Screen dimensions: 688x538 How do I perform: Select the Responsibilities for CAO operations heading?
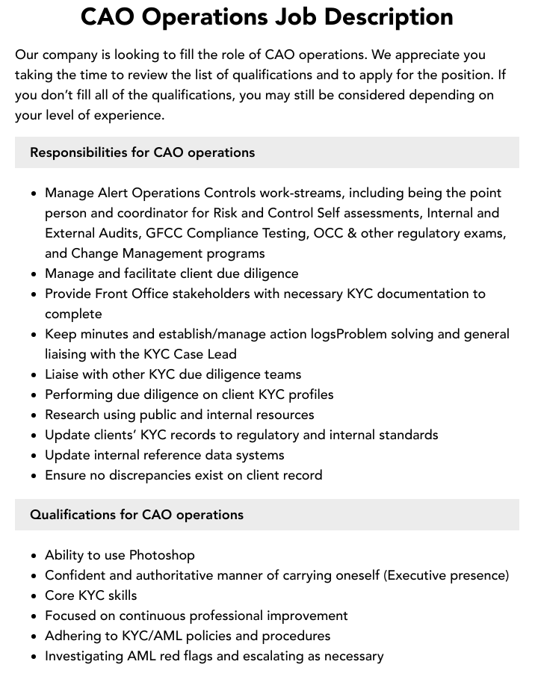pyautogui.click(x=142, y=152)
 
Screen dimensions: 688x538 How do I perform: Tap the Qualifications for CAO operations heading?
pyautogui.click(x=137, y=515)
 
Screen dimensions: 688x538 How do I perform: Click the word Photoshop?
pyautogui.click(x=162, y=555)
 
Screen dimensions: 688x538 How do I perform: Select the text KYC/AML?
pyautogui.click(x=140, y=636)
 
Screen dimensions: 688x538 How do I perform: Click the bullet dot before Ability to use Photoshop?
pyautogui.click(x=34, y=556)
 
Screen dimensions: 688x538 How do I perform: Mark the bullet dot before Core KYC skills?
pyautogui.click(x=34, y=596)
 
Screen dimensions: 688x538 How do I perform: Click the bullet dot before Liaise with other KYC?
pyautogui.click(x=34, y=375)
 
